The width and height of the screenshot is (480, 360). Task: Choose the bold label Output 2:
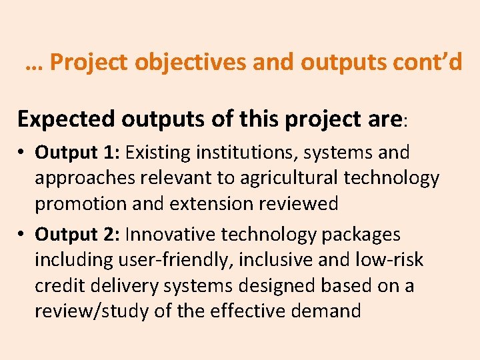(77, 235)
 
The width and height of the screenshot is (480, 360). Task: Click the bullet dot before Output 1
(22, 153)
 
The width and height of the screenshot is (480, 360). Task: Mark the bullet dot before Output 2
(22, 235)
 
